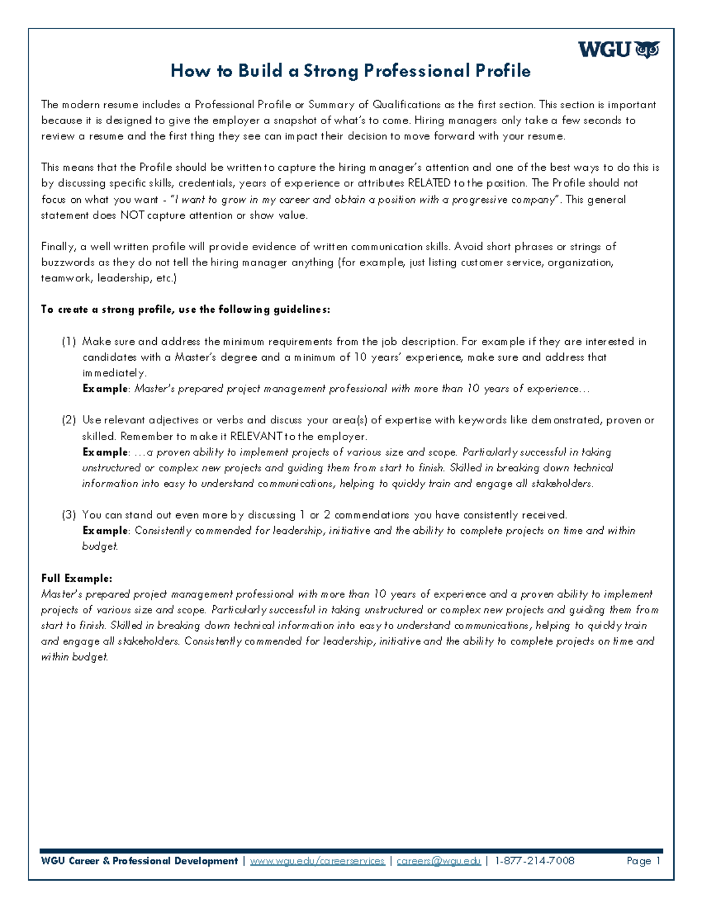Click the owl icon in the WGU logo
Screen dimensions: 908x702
pyautogui.click(x=646, y=50)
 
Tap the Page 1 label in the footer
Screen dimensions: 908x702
pyautogui.click(x=643, y=861)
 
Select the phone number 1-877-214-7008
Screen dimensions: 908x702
pyautogui.click(x=534, y=861)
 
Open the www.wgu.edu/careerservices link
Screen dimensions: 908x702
pyautogui.click(x=317, y=861)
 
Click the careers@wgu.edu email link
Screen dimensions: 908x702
pyautogui.click(x=438, y=861)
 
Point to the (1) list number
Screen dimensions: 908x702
pyautogui.click(x=68, y=341)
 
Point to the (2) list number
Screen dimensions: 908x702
pyautogui.click(x=68, y=420)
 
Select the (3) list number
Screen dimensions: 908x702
pyautogui.click(x=68, y=515)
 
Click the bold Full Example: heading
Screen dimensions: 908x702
pyautogui.click(x=76, y=578)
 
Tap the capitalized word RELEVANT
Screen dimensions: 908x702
pyautogui.click(x=256, y=436)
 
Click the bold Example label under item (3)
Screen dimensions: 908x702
pyautogui.click(x=105, y=531)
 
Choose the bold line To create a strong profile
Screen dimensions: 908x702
pyautogui.click(x=185, y=310)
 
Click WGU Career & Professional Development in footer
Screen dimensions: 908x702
pyautogui.click(x=139, y=861)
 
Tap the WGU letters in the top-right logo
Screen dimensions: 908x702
pyautogui.click(x=604, y=50)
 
